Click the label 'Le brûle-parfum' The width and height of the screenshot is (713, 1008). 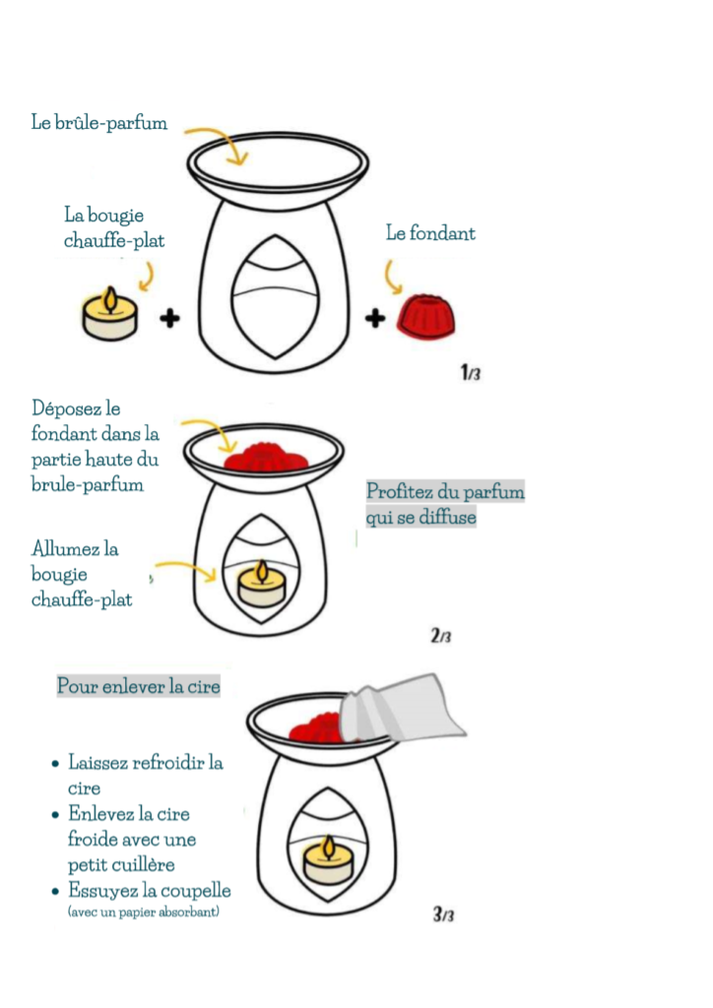pos(99,122)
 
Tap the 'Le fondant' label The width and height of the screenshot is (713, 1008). pos(430,232)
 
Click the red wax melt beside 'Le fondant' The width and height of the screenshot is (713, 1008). pos(425,316)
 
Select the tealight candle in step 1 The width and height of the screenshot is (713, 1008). pos(110,314)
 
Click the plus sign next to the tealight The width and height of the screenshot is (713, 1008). pos(169,318)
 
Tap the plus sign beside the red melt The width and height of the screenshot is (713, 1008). pos(375,318)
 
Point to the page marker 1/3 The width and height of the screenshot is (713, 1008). pos(471,372)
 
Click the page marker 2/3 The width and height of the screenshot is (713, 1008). pos(441,636)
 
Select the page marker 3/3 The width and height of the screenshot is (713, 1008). pos(443,913)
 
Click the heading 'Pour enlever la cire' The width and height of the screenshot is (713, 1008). pos(138,686)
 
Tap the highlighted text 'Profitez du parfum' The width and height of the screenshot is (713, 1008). pos(445,491)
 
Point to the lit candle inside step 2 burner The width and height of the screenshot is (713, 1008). pos(262,583)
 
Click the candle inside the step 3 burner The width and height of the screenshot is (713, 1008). pos(328,859)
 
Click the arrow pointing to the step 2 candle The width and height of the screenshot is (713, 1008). pos(186,568)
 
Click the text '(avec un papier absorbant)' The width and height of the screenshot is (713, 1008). pos(144,912)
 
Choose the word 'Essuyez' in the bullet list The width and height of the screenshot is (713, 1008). pos(103,890)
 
